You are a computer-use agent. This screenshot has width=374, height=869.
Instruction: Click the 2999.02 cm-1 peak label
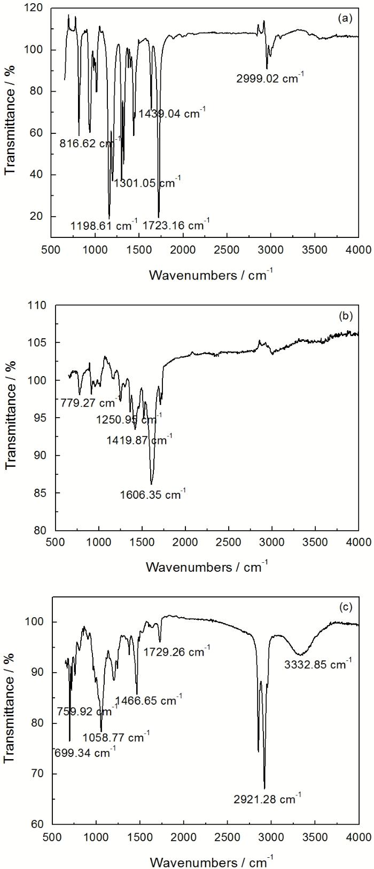pyautogui.click(x=270, y=78)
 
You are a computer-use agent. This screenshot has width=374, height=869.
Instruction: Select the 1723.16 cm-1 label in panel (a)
pyautogui.click(x=176, y=225)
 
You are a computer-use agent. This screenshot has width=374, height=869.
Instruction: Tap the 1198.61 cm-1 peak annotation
pyautogui.click(x=104, y=225)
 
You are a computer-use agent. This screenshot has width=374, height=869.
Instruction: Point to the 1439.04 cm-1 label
pyautogui.click(x=172, y=114)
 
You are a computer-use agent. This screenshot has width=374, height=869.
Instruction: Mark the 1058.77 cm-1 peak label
pyautogui.click(x=116, y=737)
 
